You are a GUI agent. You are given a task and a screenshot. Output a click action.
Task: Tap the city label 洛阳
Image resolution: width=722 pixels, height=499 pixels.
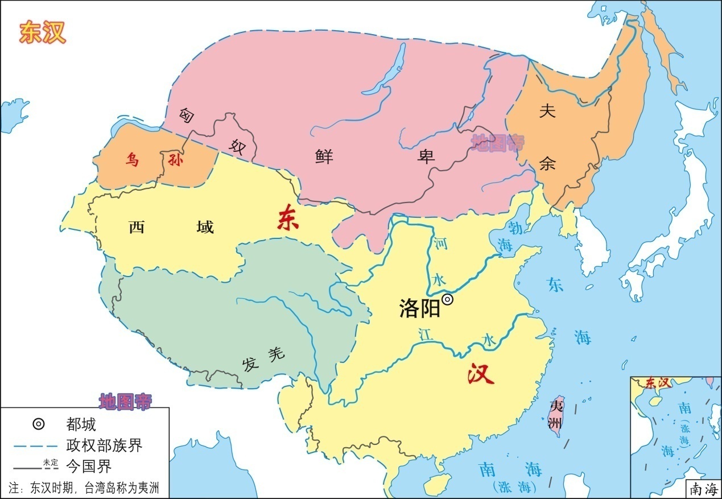(420, 308)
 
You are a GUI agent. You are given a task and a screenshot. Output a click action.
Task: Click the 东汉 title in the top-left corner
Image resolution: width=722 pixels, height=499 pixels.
(43, 33)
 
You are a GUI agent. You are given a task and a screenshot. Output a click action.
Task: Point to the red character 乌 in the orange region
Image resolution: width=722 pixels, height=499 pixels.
(131, 160)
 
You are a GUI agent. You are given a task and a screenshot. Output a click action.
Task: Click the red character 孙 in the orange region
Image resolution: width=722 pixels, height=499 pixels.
(175, 160)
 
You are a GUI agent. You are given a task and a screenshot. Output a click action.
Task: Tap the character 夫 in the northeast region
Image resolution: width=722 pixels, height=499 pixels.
(547, 112)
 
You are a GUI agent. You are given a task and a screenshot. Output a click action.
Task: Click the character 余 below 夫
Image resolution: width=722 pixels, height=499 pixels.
(547, 164)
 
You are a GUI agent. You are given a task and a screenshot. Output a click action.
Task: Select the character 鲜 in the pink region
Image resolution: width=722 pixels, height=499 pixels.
(324, 156)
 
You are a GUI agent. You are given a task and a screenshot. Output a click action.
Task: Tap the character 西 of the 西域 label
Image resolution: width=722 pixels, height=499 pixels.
(137, 227)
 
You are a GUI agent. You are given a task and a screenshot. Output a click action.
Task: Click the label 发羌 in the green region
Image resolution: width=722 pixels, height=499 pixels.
(262, 359)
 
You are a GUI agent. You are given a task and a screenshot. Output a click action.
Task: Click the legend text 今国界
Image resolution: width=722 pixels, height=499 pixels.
(89, 467)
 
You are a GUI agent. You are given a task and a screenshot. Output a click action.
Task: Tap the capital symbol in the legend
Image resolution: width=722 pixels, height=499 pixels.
(38, 424)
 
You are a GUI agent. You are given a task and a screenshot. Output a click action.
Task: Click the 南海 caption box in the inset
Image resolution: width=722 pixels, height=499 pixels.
(704, 488)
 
